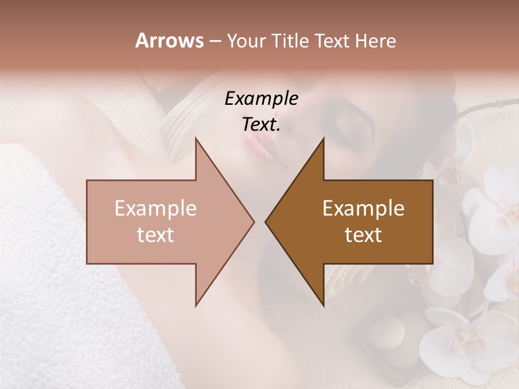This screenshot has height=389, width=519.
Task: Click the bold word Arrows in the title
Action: (x=169, y=41)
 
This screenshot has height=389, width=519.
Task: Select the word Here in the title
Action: (x=375, y=41)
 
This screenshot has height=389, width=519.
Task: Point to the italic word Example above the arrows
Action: (x=261, y=98)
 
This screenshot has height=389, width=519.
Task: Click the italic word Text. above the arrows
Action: (x=261, y=124)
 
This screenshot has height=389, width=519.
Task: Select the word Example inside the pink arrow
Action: (x=155, y=209)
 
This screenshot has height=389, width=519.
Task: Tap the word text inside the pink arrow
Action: (x=155, y=235)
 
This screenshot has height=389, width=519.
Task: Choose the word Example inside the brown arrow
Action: (x=363, y=209)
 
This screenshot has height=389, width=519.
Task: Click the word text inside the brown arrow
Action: (x=363, y=235)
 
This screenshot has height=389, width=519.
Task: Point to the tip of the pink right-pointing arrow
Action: (x=254, y=222)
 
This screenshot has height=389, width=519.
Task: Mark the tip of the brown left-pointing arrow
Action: (x=265, y=222)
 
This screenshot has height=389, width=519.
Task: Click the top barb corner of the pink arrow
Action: (x=196, y=138)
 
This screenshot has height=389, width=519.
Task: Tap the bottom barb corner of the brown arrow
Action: (x=323, y=306)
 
